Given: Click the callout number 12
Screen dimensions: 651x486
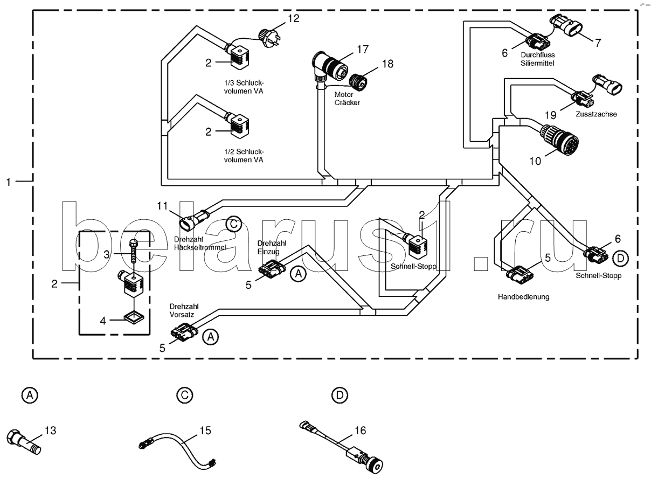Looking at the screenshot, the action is (x=294, y=18).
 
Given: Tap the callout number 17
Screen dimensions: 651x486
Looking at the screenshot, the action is (x=363, y=49).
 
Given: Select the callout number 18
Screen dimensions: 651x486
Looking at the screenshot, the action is (x=387, y=64).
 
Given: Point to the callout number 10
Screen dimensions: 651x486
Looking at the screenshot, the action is (x=535, y=161).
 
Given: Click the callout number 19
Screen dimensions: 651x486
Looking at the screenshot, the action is (x=551, y=115).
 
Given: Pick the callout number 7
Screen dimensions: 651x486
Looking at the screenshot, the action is (x=598, y=43).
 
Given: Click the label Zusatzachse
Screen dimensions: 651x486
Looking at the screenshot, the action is (x=596, y=114).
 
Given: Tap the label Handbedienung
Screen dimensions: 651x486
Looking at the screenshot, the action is (x=523, y=297).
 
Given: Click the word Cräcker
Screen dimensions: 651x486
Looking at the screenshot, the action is (x=347, y=102).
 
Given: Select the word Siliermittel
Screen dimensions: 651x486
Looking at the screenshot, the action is (x=537, y=63).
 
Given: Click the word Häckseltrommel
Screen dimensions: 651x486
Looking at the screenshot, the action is (x=200, y=247).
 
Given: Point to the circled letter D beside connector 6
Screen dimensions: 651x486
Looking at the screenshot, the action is (x=620, y=259).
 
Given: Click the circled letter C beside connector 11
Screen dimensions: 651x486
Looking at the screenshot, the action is (x=234, y=224).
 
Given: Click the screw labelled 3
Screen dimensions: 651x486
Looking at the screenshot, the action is (x=133, y=252).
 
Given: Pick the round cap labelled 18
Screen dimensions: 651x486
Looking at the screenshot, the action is (x=358, y=82).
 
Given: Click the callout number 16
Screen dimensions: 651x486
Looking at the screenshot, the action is (x=360, y=431).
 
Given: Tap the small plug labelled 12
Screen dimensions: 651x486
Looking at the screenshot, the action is (x=268, y=38).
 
